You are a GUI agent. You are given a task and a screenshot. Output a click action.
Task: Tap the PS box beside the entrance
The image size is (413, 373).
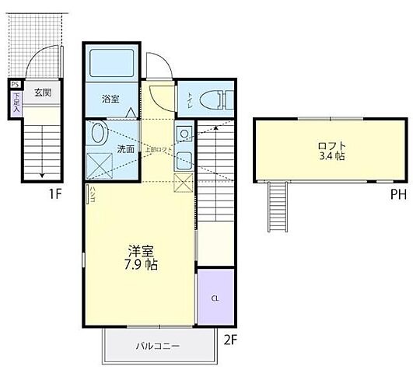click(x=15, y=85)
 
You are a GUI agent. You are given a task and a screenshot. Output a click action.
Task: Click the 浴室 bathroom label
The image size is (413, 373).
click(x=110, y=99)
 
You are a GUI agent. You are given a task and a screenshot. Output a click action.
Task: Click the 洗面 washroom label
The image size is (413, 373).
click(x=126, y=148)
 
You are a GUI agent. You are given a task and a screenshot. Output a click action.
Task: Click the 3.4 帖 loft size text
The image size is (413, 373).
click(x=331, y=156)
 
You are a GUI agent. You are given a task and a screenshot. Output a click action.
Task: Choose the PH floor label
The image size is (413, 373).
click(x=398, y=194)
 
